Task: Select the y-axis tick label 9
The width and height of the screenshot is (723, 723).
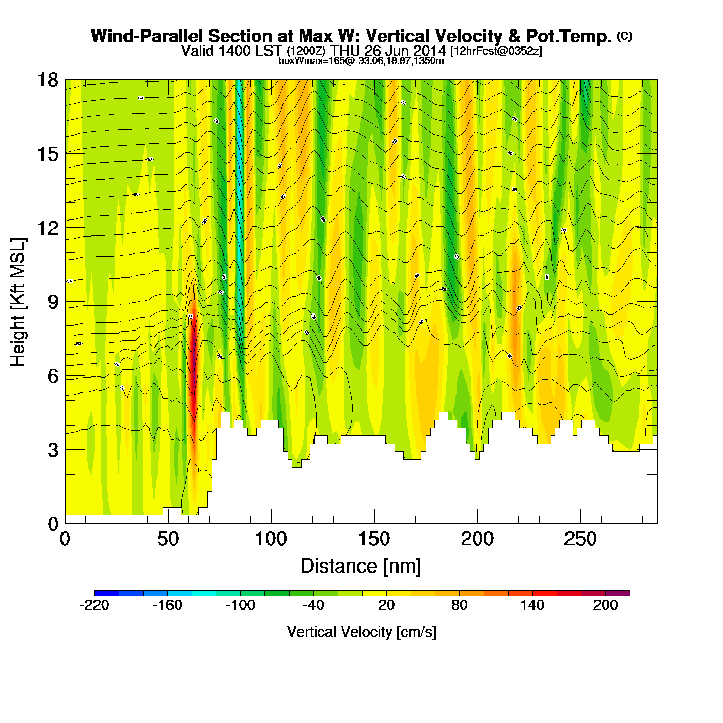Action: pyautogui.click(x=53, y=302)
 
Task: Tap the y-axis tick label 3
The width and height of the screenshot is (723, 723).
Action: pyautogui.click(x=53, y=450)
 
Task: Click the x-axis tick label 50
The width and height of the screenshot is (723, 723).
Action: pyautogui.click(x=168, y=540)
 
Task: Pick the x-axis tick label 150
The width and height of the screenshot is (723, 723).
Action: pyautogui.click(x=374, y=540)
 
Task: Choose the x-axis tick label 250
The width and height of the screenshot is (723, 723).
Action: pyautogui.click(x=580, y=540)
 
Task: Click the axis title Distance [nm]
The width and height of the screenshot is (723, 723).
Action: pyautogui.click(x=361, y=566)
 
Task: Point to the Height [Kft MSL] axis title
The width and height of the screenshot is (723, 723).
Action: pyautogui.click(x=18, y=302)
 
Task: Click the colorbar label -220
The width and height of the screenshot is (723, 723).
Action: pyautogui.click(x=95, y=605)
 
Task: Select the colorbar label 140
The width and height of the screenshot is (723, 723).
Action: pyautogui.click(x=532, y=605)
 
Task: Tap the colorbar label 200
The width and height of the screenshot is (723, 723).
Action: pyautogui.click(x=605, y=605)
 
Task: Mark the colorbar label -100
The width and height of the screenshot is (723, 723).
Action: pyautogui.click(x=240, y=605)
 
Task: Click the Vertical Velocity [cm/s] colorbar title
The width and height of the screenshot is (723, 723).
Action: pyautogui.click(x=361, y=632)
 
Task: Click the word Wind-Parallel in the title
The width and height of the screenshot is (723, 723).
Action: pyautogui.click(x=147, y=37)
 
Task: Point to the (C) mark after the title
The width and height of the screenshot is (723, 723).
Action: pyautogui.click(x=624, y=36)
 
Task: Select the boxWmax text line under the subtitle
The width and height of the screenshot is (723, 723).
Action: pyautogui.click(x=361, y=60)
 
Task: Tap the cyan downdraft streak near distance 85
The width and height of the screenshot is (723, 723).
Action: pyautogui.click(x=240, y=207)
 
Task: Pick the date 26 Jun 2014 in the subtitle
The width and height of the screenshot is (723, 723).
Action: pyautogui.click(x=404, y=51)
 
